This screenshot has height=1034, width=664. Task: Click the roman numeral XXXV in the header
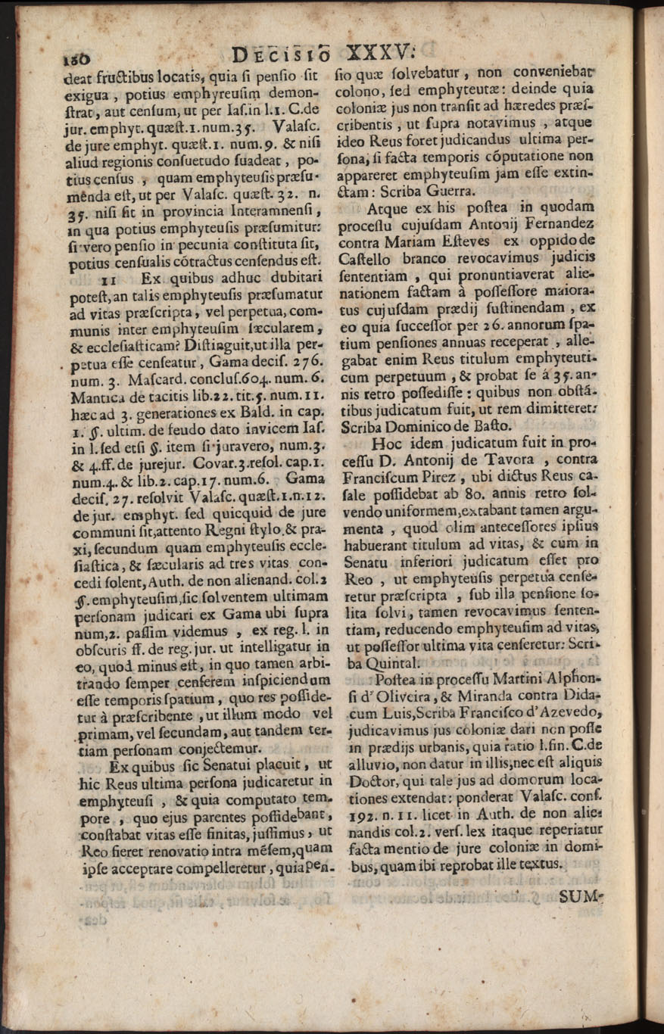pos(376,53)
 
